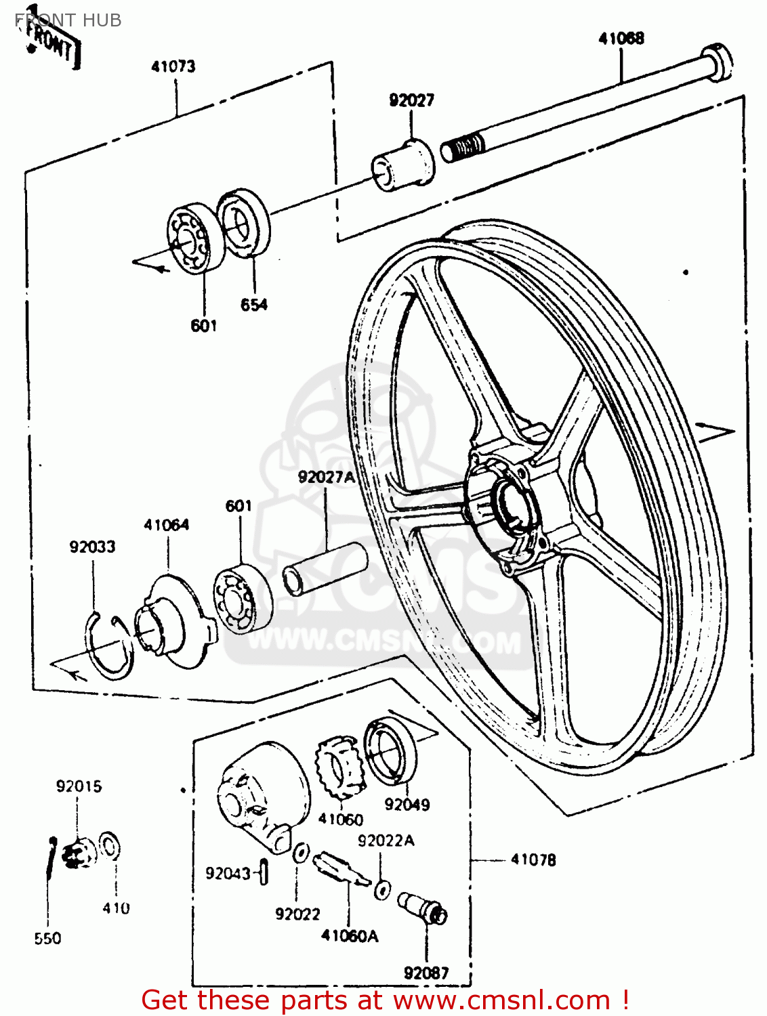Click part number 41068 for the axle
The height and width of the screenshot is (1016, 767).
(x=621, y=39)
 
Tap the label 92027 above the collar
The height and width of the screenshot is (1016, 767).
(x=411, y=100)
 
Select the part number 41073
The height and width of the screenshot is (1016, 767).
(x=173, y=66)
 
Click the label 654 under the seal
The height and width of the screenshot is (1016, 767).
(x=254, y=305)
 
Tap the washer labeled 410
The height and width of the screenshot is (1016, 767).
(x=110, y=846)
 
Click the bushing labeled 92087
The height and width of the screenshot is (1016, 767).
(x=423, y=907)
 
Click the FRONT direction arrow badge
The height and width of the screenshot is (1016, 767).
(x=51, y=45)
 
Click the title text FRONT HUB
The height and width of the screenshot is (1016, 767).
(x=68, y=20)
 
